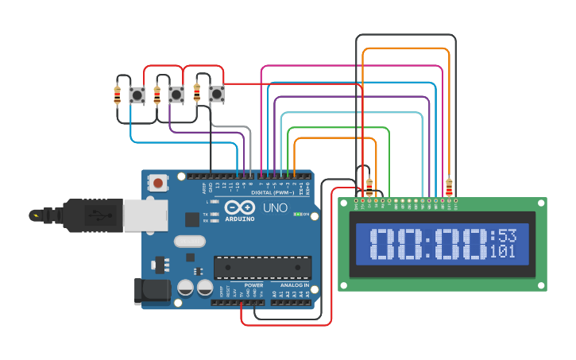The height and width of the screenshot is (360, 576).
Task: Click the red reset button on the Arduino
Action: pos(158,184)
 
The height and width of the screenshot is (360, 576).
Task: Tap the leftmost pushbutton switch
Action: pos(137,95)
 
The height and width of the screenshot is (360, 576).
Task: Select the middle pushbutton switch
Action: pos(176,95)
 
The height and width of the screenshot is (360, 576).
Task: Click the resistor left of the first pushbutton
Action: pos(118,96)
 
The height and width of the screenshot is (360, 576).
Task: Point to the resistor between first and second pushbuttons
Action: pos(157,96)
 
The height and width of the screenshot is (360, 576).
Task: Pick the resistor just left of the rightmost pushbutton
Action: pos(197,93)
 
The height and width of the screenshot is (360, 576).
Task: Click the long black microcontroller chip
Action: pos(262,267)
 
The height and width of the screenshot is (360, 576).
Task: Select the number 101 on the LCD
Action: pos(502,252)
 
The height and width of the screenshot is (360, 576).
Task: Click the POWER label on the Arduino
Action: pos(253,285)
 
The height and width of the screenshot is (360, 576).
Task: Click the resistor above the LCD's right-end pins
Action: pos(450,188)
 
